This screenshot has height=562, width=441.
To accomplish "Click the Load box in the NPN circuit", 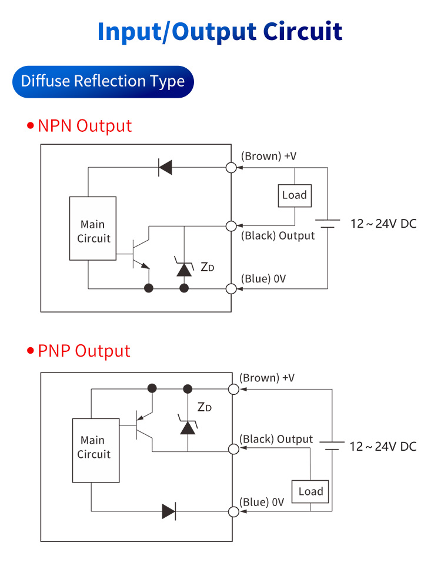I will [295, 195].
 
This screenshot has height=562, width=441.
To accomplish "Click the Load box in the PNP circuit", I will [310, 491].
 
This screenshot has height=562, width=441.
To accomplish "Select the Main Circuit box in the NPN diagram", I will [93, 228].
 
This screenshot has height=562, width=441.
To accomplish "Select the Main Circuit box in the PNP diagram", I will [93, 450].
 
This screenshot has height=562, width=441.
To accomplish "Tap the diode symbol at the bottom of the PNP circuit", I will [169, 511].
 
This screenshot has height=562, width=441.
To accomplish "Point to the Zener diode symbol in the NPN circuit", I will [185, 268].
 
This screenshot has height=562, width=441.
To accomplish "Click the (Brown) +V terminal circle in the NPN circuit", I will [231, 168].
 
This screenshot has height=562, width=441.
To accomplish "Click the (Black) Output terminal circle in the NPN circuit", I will [231, 226].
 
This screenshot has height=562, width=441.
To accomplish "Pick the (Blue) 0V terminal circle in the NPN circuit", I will [231, 288].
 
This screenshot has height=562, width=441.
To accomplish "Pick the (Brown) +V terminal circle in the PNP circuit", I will [233, 389].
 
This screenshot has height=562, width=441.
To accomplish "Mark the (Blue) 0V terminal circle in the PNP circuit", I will [233, 511].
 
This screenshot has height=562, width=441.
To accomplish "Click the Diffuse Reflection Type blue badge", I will [103, 81].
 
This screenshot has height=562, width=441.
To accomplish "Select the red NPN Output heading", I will [85, 126].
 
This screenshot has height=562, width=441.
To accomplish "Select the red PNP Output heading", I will [83, 351].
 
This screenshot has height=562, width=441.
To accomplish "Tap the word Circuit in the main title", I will [302, 31].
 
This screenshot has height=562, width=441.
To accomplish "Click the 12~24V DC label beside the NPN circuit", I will [383, 224].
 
